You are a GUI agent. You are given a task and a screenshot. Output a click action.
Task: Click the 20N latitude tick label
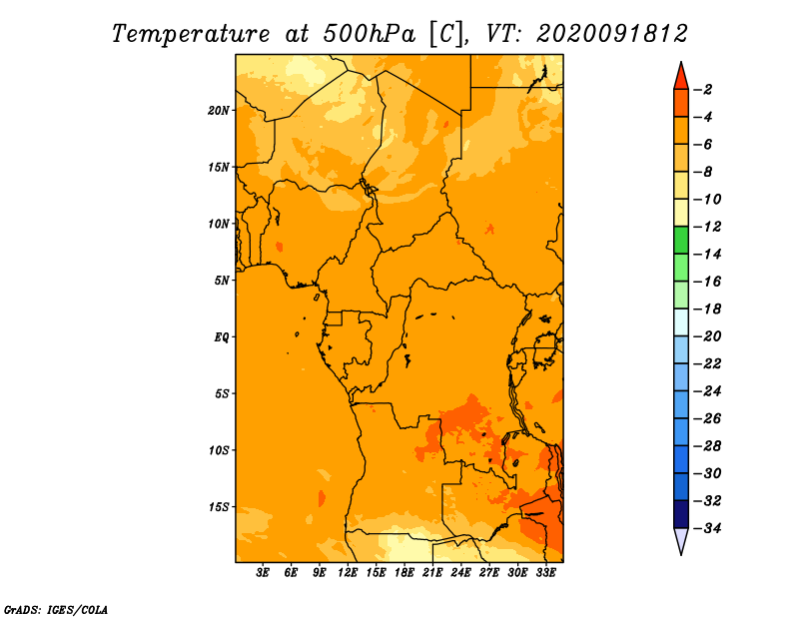tap(219, 111)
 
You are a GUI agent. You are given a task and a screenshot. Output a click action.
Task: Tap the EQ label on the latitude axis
tap(222, 337)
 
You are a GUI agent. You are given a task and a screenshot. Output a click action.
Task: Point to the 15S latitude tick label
tap(219, 507)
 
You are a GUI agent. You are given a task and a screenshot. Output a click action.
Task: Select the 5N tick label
tap(222, 281)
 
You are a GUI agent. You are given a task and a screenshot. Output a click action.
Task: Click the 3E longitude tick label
tap(263, 573)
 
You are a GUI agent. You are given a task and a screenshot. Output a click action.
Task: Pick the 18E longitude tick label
tap(404, 573)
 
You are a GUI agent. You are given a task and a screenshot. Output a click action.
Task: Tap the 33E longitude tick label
tap(545, 573)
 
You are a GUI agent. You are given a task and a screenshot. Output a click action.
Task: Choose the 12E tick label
tap(348, 573)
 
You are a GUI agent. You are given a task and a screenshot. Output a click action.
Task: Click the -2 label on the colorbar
tap(703, 90)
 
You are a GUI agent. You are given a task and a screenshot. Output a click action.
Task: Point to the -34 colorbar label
tap(707, 528)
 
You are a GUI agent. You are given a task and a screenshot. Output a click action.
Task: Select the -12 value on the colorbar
tap(707, 227)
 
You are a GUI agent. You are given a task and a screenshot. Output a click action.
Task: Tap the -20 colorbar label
tap(707, 336)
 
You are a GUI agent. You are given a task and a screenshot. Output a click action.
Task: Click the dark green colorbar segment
tap(681, 241)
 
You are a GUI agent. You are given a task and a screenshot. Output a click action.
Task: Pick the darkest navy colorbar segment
tap(681, 514)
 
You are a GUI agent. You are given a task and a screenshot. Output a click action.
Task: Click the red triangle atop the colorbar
tap(681, 77)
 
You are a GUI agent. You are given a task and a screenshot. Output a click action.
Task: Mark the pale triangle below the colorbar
tap(681, 541)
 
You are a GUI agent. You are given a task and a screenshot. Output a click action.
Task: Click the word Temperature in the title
tap(191, 35)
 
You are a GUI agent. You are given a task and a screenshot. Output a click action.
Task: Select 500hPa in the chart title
tap(369, 34)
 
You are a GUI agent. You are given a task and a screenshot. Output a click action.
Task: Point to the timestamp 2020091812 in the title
tap(612, 34)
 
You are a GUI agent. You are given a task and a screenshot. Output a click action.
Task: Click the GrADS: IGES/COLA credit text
tap(56, 610)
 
